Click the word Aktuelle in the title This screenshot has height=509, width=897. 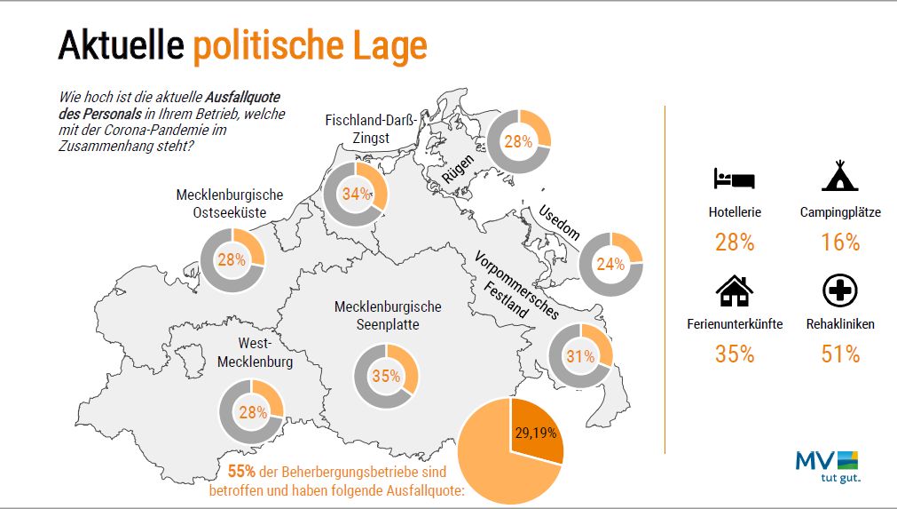click(x=120, y=45)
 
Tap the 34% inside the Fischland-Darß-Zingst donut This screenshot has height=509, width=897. click(x=356, y=195)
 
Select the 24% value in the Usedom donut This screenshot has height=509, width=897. click(x=611, y=264)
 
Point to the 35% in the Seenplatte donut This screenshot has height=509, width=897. click(x=386, y=376)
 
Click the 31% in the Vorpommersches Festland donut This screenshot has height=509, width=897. click(x=580, y=357)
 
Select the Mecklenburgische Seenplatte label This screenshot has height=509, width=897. click(x=388, y=315)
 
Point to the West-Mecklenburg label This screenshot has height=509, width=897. click(x=256, y=353)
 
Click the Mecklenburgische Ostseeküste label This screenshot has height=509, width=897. click(x=230, y=203)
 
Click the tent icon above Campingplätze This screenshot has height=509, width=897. click(x=839, y=176)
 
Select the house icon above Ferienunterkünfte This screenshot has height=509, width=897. click(x=734, y=290)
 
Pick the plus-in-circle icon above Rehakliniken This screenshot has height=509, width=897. click(x=839, y=290)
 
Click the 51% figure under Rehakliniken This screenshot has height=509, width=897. click(x=839, y=354)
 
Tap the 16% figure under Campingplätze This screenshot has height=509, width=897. click(x=839, y=242)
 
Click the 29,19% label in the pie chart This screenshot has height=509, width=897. click(x=538, y=433)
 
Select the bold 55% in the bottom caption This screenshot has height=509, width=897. click(x=242, y=471)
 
